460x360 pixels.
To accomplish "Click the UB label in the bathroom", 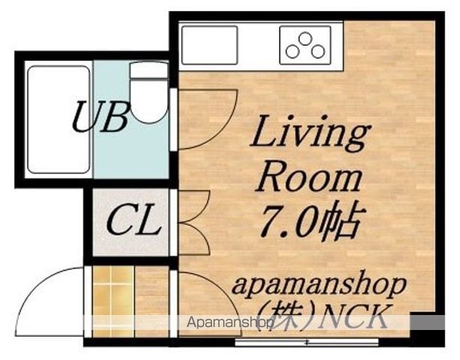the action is coord(100,116).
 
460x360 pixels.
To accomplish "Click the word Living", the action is coord(310,134).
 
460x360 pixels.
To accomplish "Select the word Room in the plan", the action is coord(309,179).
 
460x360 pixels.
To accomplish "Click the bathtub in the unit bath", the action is coord(58,119).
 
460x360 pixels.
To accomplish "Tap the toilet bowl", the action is coord(149,101).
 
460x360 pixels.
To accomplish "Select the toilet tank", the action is coord(149,70).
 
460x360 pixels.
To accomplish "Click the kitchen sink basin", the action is coord(210,45).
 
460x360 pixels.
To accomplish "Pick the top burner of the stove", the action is coord(305,39).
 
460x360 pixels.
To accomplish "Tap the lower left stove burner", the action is coord(292,52).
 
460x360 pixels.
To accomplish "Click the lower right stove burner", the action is coord(318,52).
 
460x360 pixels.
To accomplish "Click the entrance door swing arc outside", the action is coord(32,291).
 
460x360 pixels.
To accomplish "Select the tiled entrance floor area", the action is coord(113,301).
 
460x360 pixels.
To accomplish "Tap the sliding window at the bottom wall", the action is coord(307,342).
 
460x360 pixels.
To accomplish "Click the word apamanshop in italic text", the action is coord(319,286).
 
